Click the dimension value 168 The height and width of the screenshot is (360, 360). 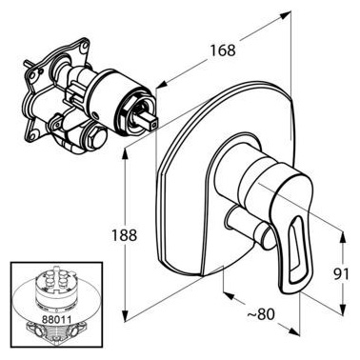click(x=223, y=50)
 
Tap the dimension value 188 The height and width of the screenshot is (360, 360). click(x=124, y=235)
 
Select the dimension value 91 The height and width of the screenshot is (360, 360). click(x=341, y=274)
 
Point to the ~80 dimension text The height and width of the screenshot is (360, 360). click(x=261, y=314)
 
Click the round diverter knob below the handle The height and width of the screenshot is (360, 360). click(x=250, y=228)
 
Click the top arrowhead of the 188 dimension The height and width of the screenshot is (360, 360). click(x=127, y=153)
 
